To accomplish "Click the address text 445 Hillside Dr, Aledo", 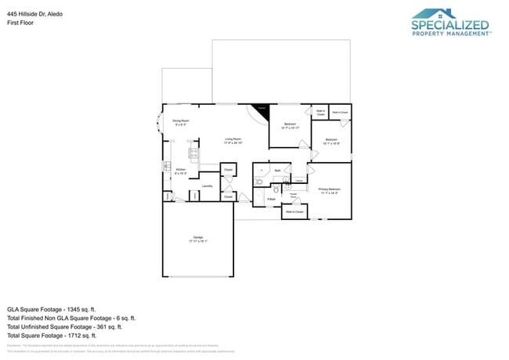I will (x=34, y=14).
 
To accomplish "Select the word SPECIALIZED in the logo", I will (x=449, y=27).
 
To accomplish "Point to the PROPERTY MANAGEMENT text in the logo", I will (x=451, y=34).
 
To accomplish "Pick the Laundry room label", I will (x=207, y=186).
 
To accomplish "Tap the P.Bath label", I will (x=271, y=200).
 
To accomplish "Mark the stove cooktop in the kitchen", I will (x=192, y=153).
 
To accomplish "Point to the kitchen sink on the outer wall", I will (x=165, y=166).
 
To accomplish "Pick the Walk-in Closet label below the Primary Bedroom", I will (x=294, y=212).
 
